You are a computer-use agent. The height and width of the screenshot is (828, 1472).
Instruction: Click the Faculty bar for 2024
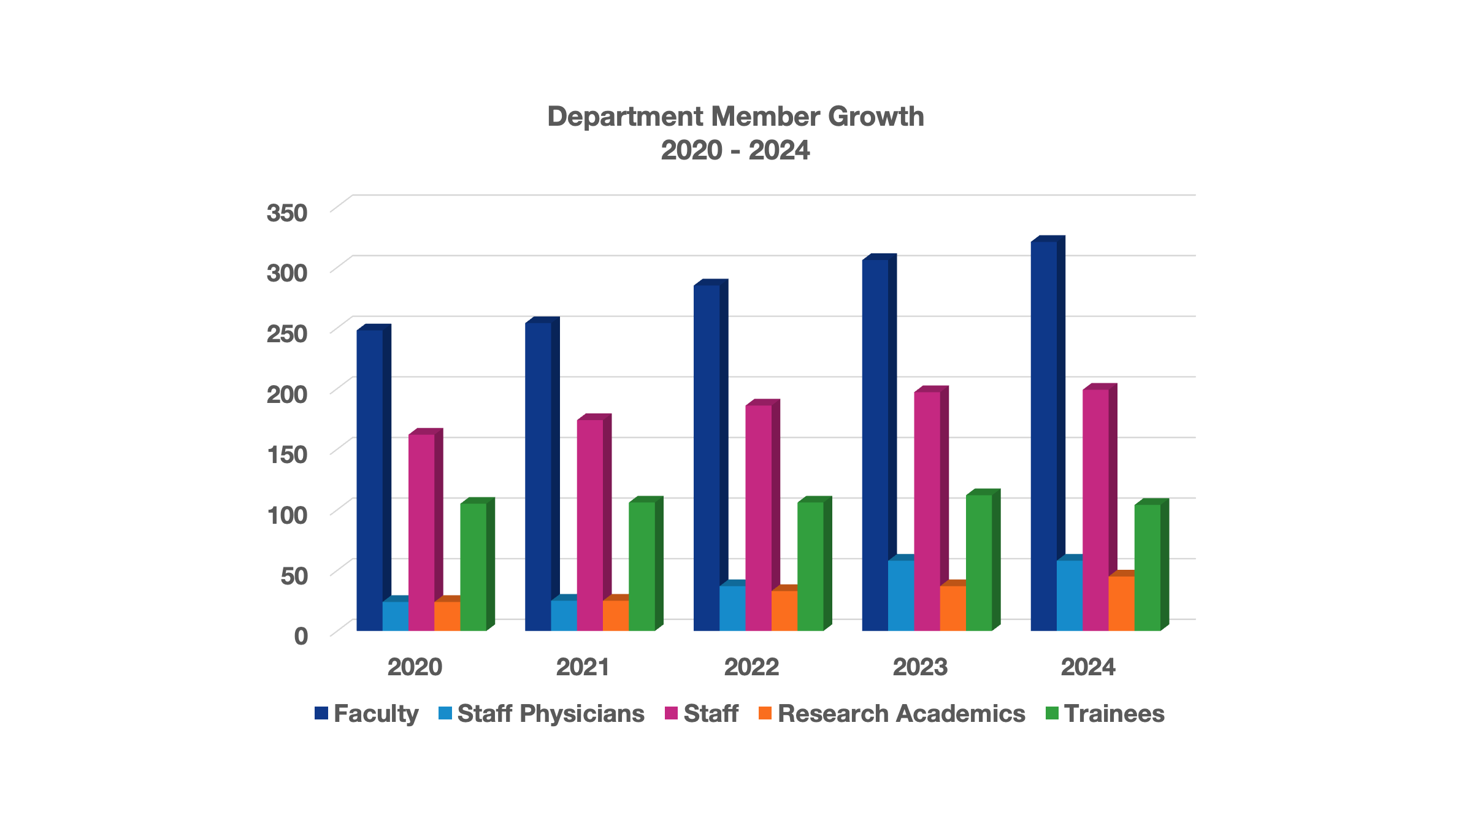1043,435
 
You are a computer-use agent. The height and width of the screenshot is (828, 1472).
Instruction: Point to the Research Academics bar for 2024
1121,604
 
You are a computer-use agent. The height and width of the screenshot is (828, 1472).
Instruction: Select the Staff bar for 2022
758,518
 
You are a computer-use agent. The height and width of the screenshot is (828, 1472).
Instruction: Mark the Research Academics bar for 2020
447,616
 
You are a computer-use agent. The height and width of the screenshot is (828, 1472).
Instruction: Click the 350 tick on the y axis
287,213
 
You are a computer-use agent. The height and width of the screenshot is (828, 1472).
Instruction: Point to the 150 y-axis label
287,454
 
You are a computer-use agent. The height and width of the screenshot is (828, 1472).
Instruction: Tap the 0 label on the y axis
301,636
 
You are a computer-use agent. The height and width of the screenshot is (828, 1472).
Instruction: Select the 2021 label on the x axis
583,667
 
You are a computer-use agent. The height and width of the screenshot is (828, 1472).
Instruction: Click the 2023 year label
920,667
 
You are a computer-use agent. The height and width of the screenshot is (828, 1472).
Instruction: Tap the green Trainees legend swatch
1052,713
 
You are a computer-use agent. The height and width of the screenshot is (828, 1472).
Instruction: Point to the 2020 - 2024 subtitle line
735,150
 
